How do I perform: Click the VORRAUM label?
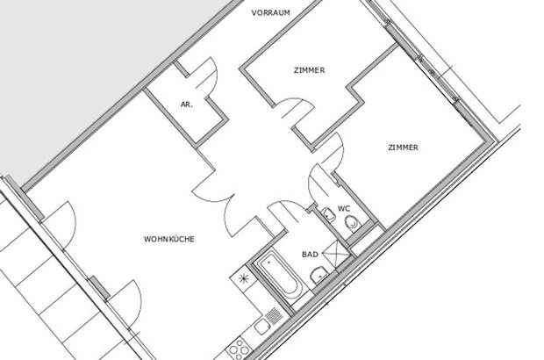pos(270,13)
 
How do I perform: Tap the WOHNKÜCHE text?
pos(169,239)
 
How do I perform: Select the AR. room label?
pos(186,104)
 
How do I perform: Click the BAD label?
pos(310,255)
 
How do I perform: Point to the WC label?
pos(344,209)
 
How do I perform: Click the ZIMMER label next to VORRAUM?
pos(310,70)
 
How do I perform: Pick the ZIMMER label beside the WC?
pos(403,148)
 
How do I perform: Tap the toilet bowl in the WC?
pos(352,223)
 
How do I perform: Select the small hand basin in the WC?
pos(328,215)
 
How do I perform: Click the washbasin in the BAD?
pos(319,276)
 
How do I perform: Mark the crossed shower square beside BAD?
pos(336,253)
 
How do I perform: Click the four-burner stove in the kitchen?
pos(238,348)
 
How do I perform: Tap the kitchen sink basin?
pos(262,327)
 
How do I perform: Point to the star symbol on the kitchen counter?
pos(244,277)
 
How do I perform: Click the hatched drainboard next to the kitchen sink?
pos(274,315)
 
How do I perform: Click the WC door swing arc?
pos(318,184)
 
